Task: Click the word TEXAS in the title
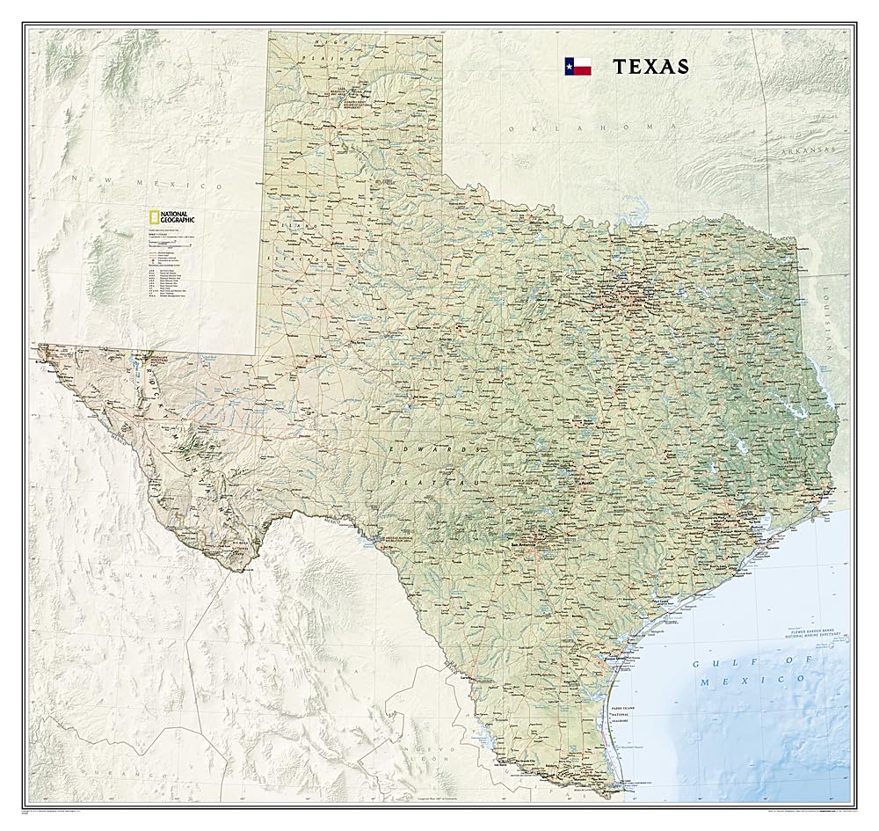[x=650, y=66]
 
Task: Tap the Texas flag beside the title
[x=578, y=66]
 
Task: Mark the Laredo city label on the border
[x=467, y=678]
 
